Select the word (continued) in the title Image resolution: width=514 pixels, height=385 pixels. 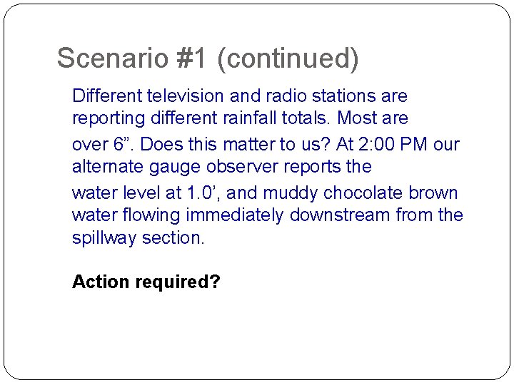click(288, 58)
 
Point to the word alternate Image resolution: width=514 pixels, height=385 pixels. click(104, 166)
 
